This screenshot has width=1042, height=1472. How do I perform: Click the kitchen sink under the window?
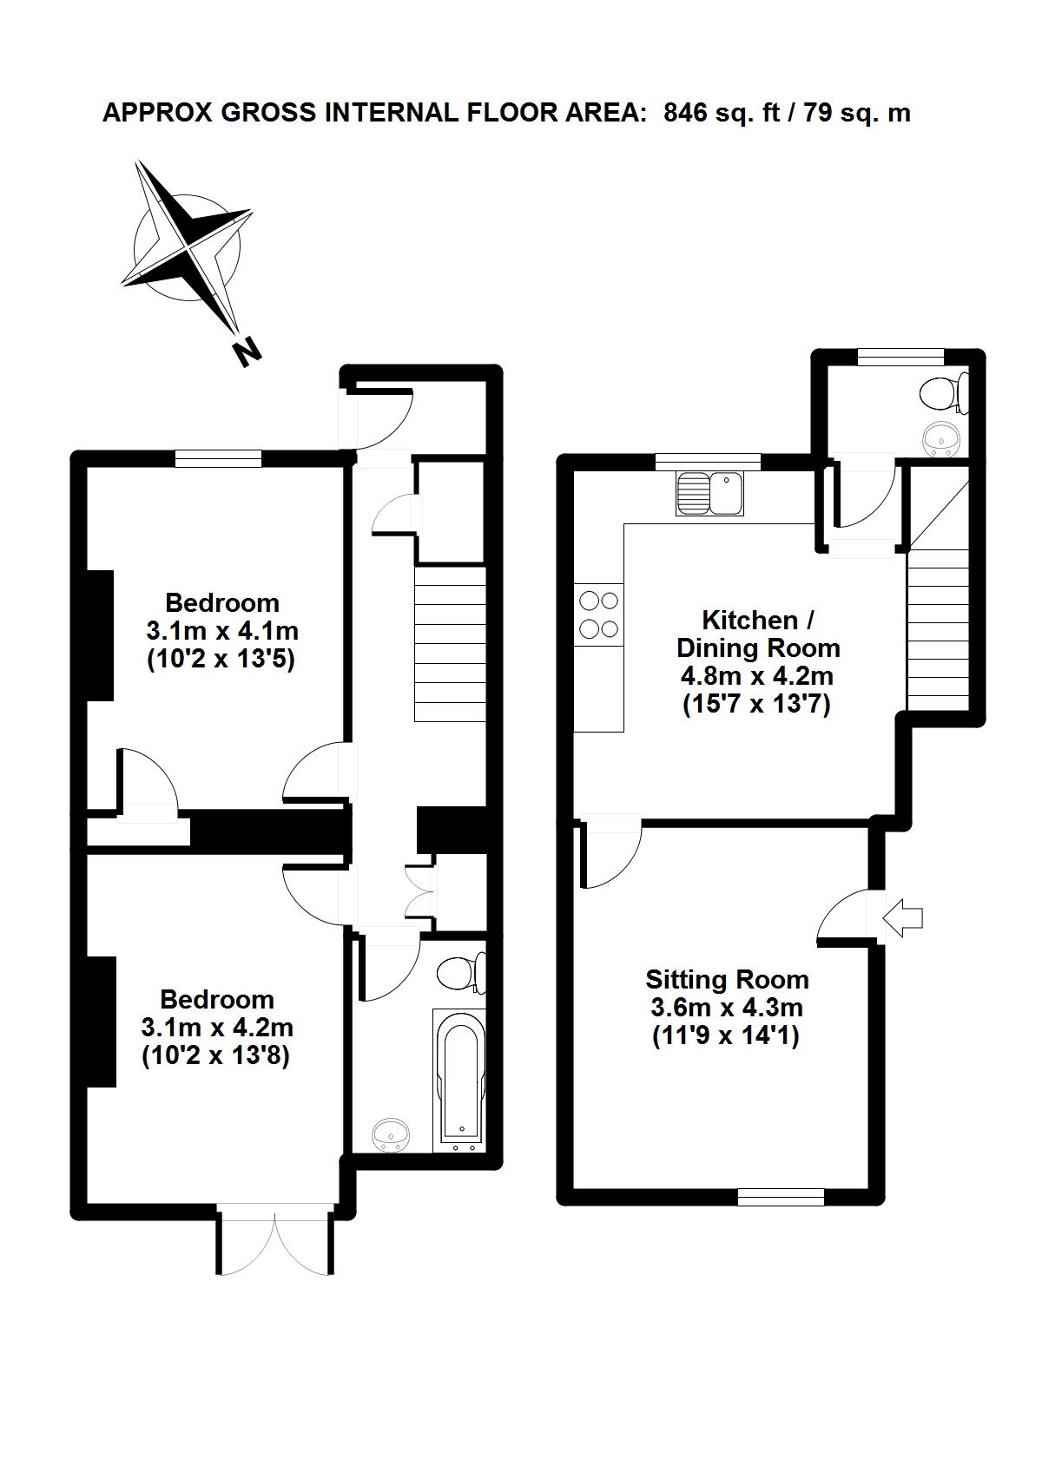click(x=709, y=494)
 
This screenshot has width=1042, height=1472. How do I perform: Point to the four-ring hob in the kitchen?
click(x=598, y=614)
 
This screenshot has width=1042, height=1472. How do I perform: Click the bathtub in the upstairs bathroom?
click(x=459, y=1081)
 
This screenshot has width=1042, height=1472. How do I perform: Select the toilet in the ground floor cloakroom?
click(x=944, y=394)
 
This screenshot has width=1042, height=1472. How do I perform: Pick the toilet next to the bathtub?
click(x=461, y=973)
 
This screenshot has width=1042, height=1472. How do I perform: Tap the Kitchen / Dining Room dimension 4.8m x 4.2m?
click(x=756, y=676)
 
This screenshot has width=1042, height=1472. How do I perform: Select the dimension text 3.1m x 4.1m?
click(x=222, y=631)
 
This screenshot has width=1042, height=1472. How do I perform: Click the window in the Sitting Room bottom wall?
click(x=781, y=1198)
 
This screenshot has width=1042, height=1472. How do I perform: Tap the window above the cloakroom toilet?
click(x=902, y=356)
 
